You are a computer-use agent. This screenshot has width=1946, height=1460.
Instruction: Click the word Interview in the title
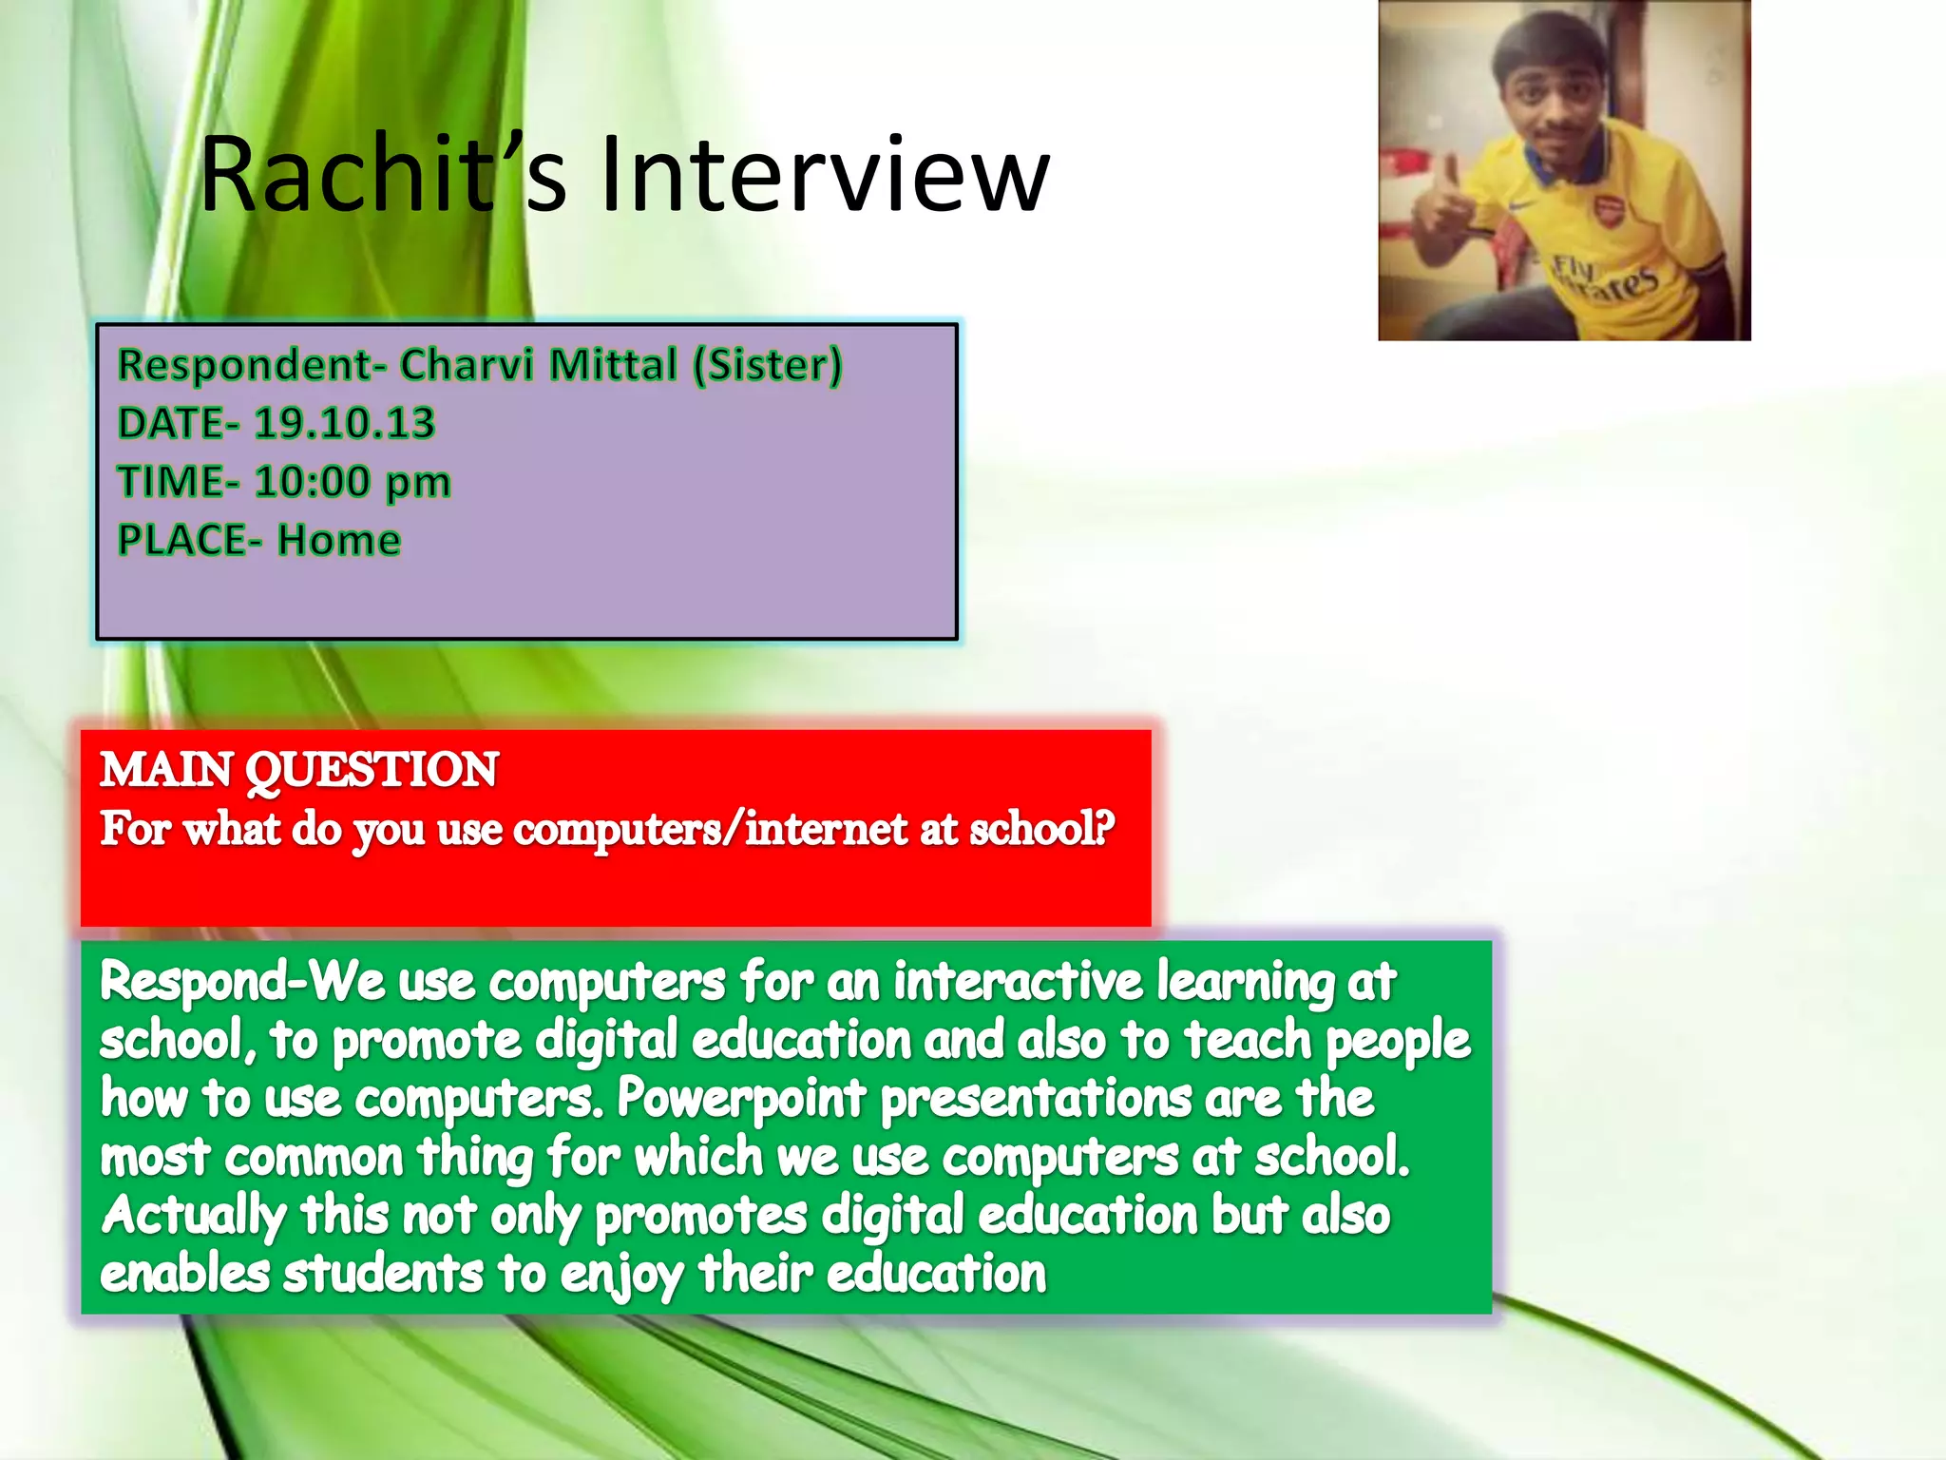(x=825, y=176)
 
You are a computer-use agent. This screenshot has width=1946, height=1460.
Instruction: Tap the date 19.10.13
(x=344, y=424)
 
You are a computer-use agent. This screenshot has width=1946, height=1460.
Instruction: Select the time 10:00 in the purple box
(x=312, y=482)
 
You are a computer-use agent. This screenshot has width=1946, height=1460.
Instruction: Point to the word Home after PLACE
(x=339, y=541)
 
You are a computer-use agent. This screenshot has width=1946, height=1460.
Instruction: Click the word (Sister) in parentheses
(x=767, y=366)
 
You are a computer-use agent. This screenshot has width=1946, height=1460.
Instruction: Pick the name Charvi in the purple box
(x=465, y=366)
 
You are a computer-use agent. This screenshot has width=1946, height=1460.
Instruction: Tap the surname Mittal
(x=613, y=366)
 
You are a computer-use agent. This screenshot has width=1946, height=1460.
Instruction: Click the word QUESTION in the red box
(x=372, y=770)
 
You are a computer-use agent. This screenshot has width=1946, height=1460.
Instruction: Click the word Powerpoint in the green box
(x=741, y=1099)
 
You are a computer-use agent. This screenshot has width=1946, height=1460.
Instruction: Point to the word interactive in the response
(x=1018, y=981)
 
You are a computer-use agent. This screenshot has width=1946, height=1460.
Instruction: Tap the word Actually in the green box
(x=193, y=1216)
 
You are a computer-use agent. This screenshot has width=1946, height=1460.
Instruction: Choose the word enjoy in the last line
(x=620, y=1276)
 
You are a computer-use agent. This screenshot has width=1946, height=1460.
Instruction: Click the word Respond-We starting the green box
(x=241, y=981)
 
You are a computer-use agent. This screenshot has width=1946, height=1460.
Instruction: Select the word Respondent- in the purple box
(x=251, y=366)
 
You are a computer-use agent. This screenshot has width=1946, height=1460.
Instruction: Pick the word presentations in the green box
(x=1036, y=1099)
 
